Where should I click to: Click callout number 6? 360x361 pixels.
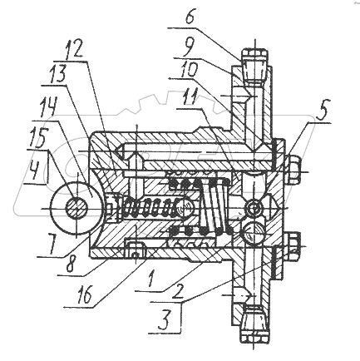click(190, 18)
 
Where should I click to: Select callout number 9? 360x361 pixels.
click(190, 47)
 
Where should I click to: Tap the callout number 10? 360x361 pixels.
click(188, 68)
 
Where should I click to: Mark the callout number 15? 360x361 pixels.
click(37, 136)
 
